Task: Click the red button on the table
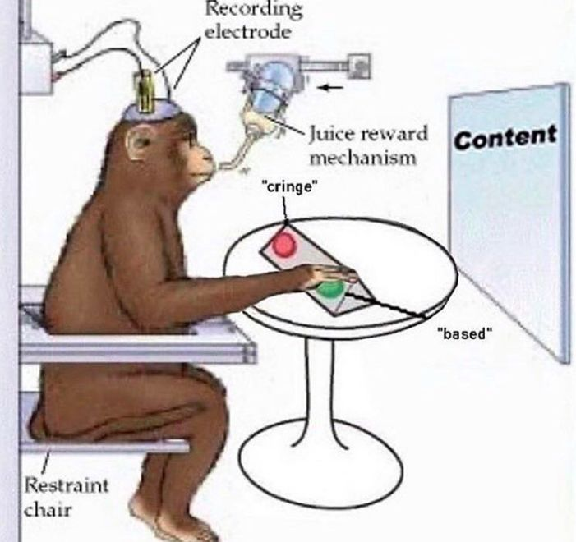[x=283, y=245]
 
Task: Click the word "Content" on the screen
[x=505, y=137]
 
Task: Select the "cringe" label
[x=289, y=187]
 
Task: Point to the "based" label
[x=464, y=333]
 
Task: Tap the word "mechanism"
[x=363, y=158]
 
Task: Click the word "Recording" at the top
[x=254, y=9]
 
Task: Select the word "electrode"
[x=248, y=32]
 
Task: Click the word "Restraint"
[x=67, y=485]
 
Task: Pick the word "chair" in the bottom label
[x=48, y=509]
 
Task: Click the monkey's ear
[x=137, y=143]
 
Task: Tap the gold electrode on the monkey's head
[x=146, y=90]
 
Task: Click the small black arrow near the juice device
[x=330, y=87]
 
